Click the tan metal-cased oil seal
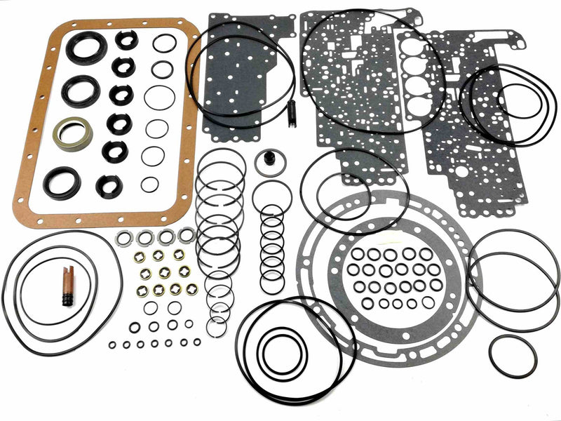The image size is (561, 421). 72,133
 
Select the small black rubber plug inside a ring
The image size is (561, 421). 269,161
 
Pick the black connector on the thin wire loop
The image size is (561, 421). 291,114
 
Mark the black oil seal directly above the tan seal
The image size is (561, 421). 80,89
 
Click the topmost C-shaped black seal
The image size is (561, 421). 127,40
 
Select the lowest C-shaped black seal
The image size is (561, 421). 109,186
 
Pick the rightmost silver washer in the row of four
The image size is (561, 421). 187,235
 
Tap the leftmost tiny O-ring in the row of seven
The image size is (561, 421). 112,345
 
